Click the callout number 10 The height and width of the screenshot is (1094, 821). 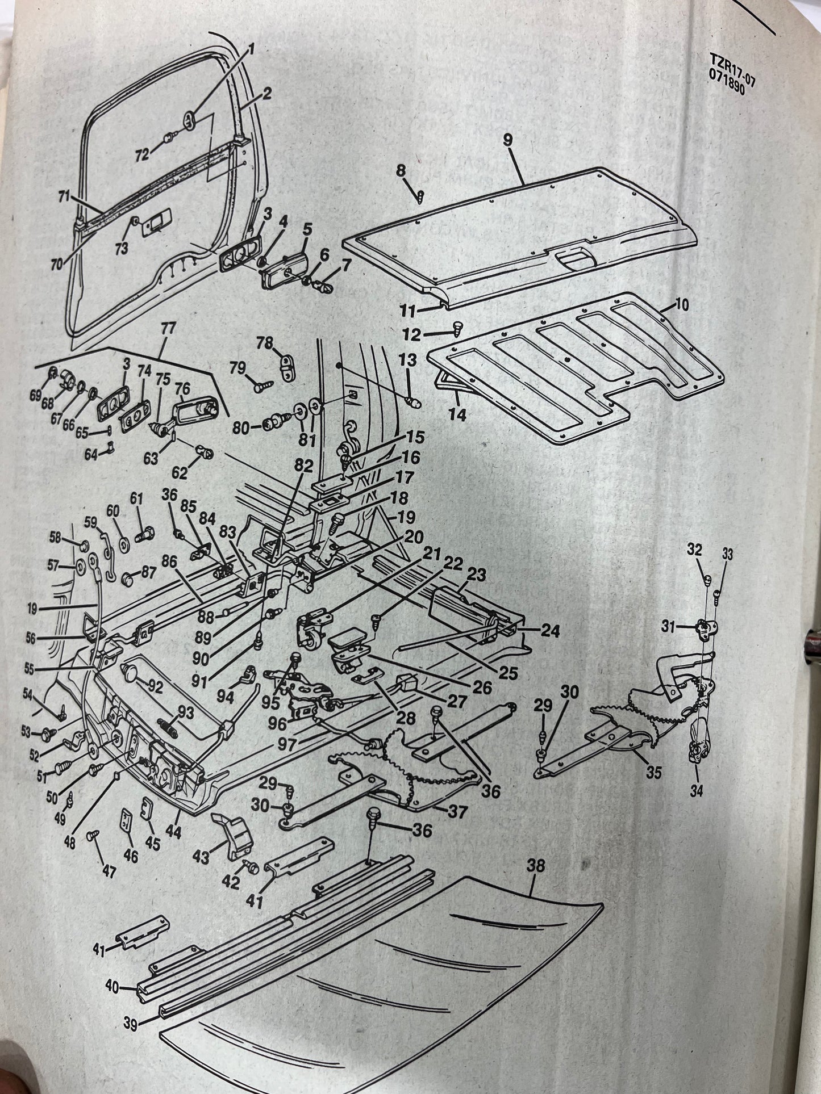tap(682, 305)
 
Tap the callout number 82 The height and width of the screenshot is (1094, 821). tap(304, 466)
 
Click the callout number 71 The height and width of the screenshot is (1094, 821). tap(63, 197)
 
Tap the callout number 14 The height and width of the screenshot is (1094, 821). tap(457, 416)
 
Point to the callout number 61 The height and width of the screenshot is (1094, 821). tap(136, 498)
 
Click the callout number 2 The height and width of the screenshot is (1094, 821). tap(266, 94)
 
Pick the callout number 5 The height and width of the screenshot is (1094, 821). tap(307, 230)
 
